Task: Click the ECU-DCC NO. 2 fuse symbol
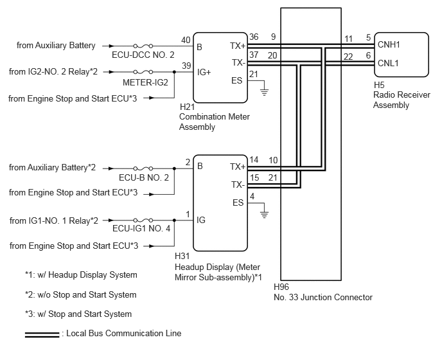(143, 46)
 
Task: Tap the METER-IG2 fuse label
(145, 82)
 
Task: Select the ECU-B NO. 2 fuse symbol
(143, 168)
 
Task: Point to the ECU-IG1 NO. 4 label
(141, 228)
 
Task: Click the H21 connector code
(188, 107)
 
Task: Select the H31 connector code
(182, 256)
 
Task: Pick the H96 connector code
(281, 287)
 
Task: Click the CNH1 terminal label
(389, 44)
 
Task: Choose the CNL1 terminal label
(388, 63)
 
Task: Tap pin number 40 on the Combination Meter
(186, 40)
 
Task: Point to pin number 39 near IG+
(186, 66)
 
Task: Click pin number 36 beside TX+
(254, 37)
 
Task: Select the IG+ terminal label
(204, 72)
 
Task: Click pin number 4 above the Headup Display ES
(252, 196)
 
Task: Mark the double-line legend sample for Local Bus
(42, 335)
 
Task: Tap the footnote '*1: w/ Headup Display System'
(81, 274)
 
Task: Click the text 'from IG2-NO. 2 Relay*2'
(53, 71)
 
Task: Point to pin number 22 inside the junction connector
(348, 57)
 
